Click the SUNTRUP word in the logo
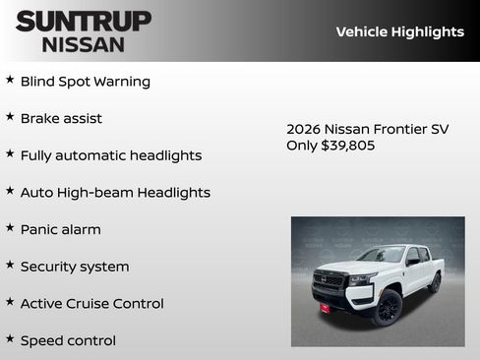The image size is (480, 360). click(x=84, y=21)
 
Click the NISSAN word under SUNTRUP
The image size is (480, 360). click(x=84, y=43)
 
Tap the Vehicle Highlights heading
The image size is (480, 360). click(x=399, y=31)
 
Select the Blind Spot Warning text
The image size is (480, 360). click(x=86, y=82)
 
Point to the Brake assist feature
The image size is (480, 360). click(x=61, y=118)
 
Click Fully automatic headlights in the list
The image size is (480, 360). click(x=111, y=155)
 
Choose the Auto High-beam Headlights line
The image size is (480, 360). click(x=115, y=193)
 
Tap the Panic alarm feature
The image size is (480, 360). click(x=61, y=229)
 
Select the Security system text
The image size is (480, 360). click(x=75, y=267)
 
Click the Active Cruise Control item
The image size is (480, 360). click(x=92, y=304)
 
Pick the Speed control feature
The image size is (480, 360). click(x=68, y=340)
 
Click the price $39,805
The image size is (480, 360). click(x=348, y=146)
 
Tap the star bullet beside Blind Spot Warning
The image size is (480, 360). click(x=10, y=80)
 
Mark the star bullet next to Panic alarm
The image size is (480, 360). click(x=10, y=227)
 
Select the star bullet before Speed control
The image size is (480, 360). click(x=10, y=338)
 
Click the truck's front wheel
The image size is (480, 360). click(x=388, y=307)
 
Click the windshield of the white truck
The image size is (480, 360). click(x=383, y=256)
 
